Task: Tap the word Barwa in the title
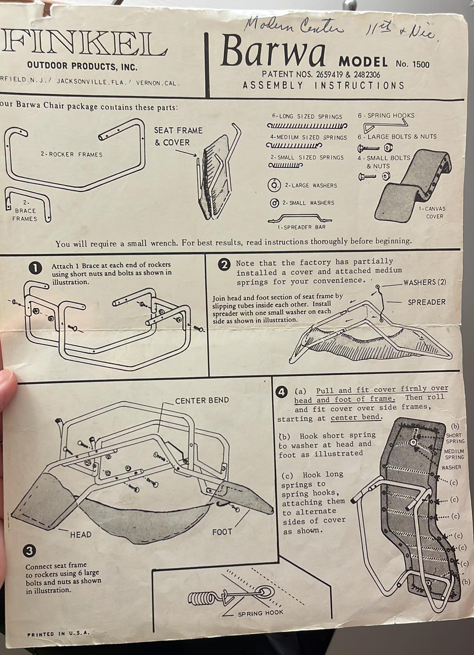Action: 273,51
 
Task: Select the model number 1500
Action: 420,65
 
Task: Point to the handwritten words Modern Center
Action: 293,26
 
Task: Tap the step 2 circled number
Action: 224,264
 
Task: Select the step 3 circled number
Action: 30,551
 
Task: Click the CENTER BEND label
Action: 202,400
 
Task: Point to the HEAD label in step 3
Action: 81,535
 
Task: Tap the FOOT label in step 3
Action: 222,532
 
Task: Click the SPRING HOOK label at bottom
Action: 261,613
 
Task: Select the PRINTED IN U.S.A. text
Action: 58,633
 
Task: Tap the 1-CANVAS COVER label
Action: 434,212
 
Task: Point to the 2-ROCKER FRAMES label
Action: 72,155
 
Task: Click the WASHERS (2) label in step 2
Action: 424,282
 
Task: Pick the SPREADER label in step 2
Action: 426,302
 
